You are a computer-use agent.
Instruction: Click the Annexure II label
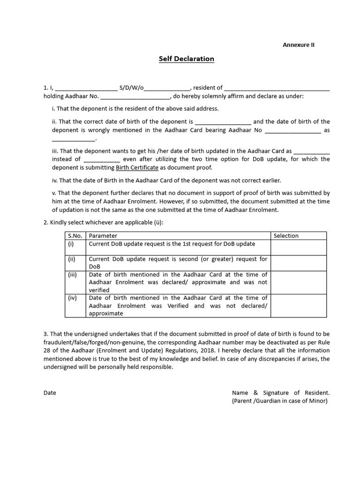[x=299, y=45]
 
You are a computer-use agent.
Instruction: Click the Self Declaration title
[x=186, y=59]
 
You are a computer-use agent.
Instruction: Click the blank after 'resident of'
[x=277, y=88]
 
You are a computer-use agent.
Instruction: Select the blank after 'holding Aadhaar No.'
[x=135, y=97]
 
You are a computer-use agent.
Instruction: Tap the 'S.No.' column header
[x=75, y=236]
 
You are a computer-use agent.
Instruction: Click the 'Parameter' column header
[x=103, y=236]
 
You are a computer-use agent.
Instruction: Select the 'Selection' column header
[x=286, y=236]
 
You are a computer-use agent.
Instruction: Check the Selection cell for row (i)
[x=299, y=247]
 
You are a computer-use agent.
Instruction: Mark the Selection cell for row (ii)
[x=299, y=263]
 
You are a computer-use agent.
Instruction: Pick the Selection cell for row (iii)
[x=299, y=283]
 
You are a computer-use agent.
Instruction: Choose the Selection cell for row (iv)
[x=299, y=306]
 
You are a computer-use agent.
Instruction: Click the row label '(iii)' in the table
[x=73, y=275]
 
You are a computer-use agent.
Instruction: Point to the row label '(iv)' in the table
[x=72, y=298]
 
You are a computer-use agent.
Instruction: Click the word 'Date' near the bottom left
[x=50, y=393]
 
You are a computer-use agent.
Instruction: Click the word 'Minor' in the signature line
[x=317, y=401]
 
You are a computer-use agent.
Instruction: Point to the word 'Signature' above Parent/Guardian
[x=275, y=393]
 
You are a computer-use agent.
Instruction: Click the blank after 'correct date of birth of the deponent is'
[x=223, y=121]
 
